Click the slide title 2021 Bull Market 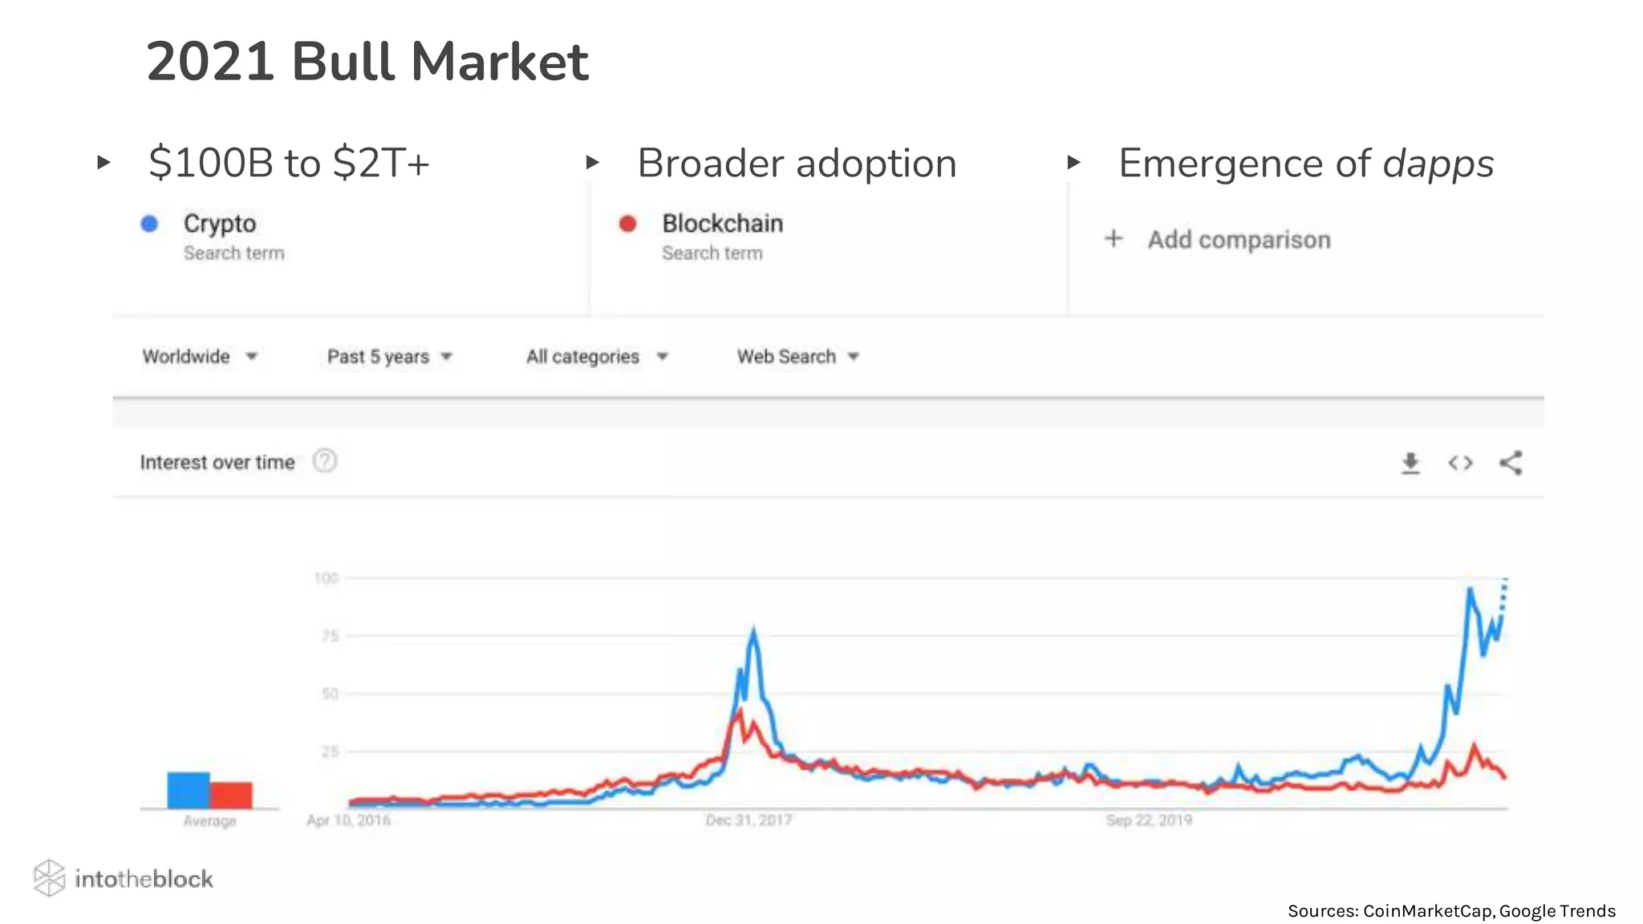(x=367, y=62)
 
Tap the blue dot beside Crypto (x=149, y=224)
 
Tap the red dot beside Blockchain (x=627, y=224)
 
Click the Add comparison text (x=1238, y=240)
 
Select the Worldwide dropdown (x=199, y=357)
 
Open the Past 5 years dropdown (x=389, y=357)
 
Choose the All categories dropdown (x=596, y=357)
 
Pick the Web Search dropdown (x=797, y=357)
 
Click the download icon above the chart (x=1410, y=464)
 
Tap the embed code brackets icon (x=1460, y=464)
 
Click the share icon (x=1511, y=464)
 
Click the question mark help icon (x=325, y=461)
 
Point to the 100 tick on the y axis (x=326, y=578)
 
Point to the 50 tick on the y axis (x=329, y=694)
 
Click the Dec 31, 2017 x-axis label (x=748, y=821)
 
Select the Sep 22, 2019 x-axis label (x=1149, y=821)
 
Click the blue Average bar (x=189, y=790)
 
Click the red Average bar (x=232, y=795)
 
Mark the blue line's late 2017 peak (x=753, y=631)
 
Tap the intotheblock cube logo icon (x=49, y=878)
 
